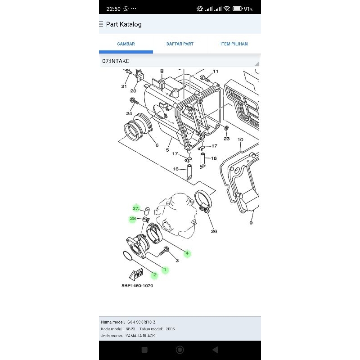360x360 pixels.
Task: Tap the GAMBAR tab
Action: [x=126, y=44]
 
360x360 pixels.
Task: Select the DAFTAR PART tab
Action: [x=180, y=44]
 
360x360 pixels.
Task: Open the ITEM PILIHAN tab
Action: [x=234, y=44]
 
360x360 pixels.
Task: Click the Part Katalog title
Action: [x=124, y=24]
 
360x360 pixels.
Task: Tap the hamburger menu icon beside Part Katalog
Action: [x=101, y=24]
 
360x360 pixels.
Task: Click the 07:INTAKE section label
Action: [x=116, y=61]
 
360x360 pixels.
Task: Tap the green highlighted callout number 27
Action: [x=135, y=208]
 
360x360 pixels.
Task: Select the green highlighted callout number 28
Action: [x=133, y=219]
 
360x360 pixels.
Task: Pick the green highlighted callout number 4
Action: [x=187, y=253]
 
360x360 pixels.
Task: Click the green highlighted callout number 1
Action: [x=165, y=270]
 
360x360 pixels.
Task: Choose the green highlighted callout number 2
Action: [x=154, y=275]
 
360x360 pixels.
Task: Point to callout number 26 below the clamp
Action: [x=214, y=232]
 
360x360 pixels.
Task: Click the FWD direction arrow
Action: [x=135, y=274]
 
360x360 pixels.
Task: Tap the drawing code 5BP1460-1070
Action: [x=137, y=286]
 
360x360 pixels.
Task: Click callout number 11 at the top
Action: [x=216, y=72]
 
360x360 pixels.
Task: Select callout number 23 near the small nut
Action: [x=226, y=139]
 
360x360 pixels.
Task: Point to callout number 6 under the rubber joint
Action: [x=157, y=145]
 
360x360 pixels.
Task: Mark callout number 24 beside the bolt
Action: [x=129, y=113]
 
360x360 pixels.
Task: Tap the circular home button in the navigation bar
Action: [x=180, y=350]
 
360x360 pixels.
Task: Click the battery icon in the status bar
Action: [x=238, y=9]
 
